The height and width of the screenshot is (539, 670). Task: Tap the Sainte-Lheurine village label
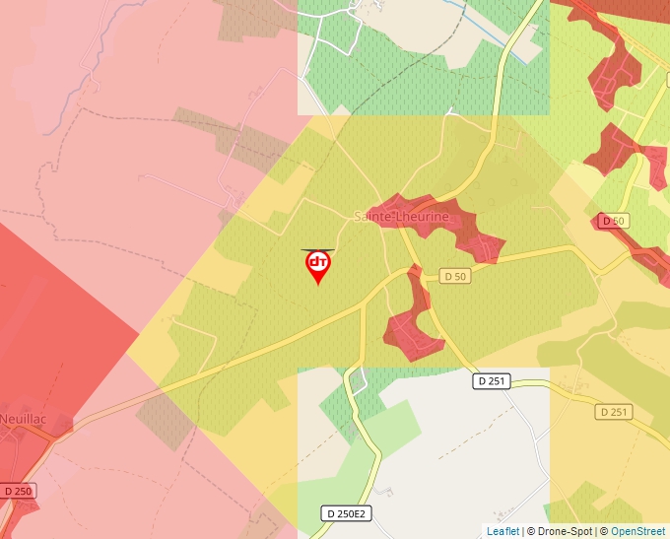point(401,216)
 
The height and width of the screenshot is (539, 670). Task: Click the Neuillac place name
point(22,419)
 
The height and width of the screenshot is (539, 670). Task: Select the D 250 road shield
point(17,490)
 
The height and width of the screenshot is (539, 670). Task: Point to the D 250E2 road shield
point(345,513)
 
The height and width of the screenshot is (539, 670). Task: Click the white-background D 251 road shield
point(491,380)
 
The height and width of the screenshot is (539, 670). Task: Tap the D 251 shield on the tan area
point(613,412)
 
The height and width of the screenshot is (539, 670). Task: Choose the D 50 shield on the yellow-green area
point(454,277)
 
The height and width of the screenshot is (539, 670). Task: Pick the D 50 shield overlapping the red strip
point(613,221)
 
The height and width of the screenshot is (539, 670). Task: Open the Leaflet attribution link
point(502,531)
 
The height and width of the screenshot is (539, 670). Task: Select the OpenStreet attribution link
point(637,531)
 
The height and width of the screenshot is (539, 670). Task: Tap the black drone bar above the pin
point(317,250)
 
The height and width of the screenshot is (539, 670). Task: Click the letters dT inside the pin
point(318,262)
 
